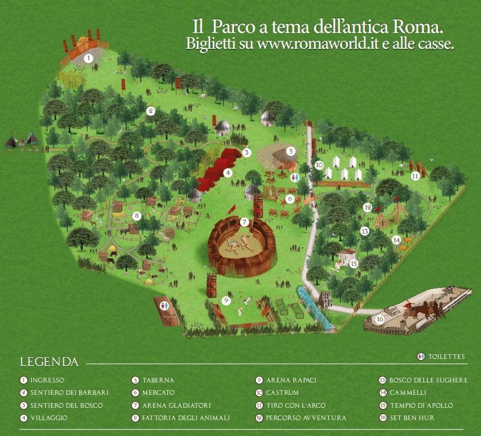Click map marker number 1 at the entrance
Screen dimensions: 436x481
88,58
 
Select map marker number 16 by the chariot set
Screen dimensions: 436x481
380,319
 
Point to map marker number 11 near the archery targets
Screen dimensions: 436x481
415,175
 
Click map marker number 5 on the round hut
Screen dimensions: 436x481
290,151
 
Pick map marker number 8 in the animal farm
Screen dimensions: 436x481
136,216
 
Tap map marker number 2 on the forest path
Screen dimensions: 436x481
151,111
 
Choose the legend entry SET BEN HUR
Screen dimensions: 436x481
410,418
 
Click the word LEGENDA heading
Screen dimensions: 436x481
49,361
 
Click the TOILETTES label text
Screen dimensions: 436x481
446,357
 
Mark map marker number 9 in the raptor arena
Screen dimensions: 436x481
226,301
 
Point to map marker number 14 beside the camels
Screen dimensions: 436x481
396,240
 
